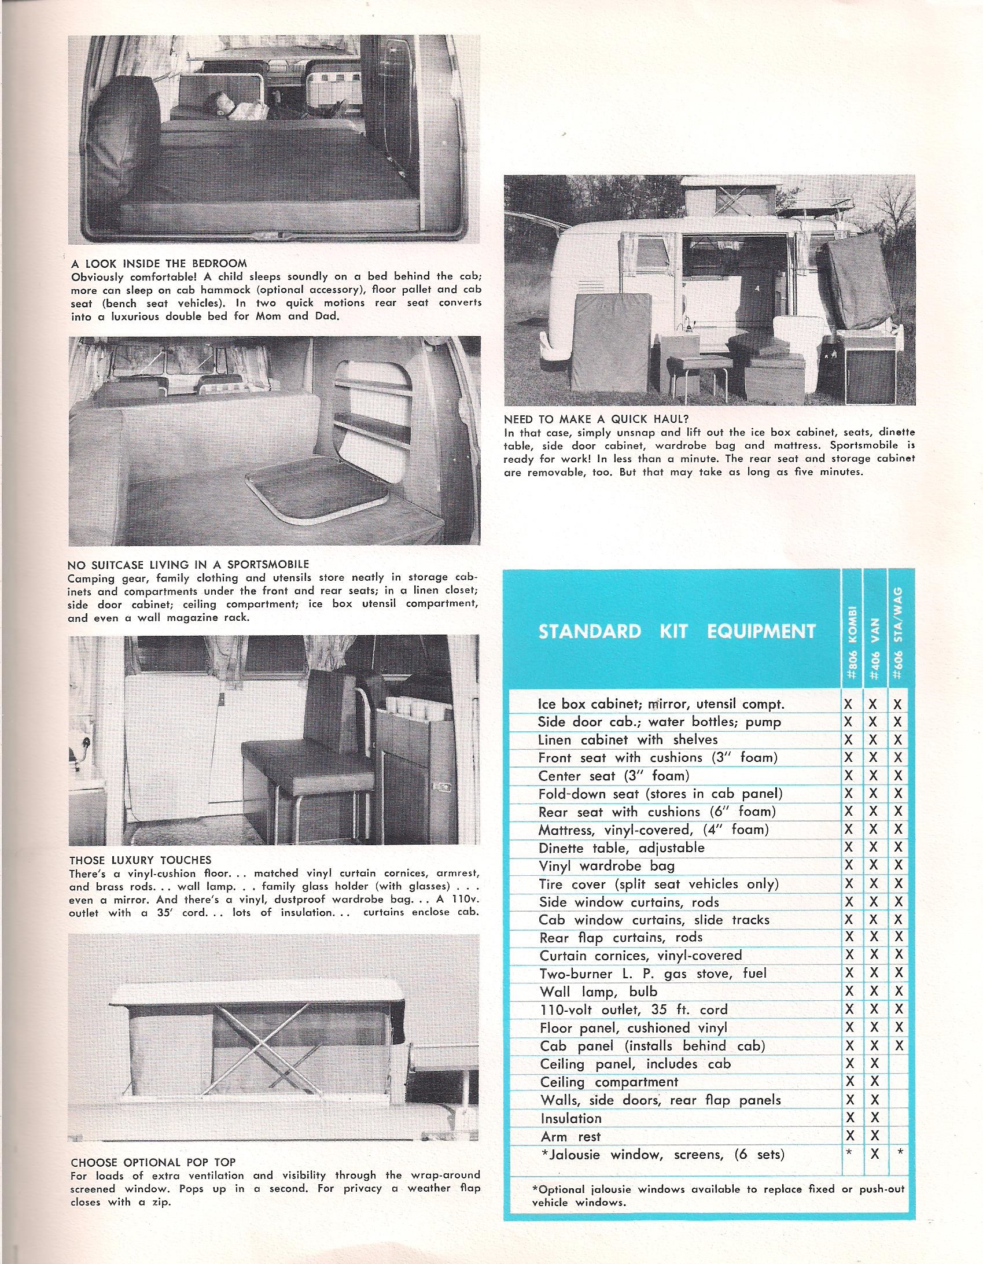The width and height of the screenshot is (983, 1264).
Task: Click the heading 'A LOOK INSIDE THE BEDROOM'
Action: (x=159, y=264)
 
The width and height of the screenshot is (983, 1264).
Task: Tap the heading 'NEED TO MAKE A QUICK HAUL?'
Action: (x=597, y=419)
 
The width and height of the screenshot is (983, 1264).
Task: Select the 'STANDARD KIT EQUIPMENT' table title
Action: (x=677, y=631)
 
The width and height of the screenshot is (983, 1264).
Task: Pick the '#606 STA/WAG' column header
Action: (x=899, y=637)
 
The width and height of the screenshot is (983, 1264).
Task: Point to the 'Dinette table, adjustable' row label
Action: (x=622, y=849)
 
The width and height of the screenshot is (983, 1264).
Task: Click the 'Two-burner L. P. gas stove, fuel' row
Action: (x=653, y=974)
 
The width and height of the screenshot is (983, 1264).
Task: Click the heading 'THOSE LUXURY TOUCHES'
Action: (x=140, y=860)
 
